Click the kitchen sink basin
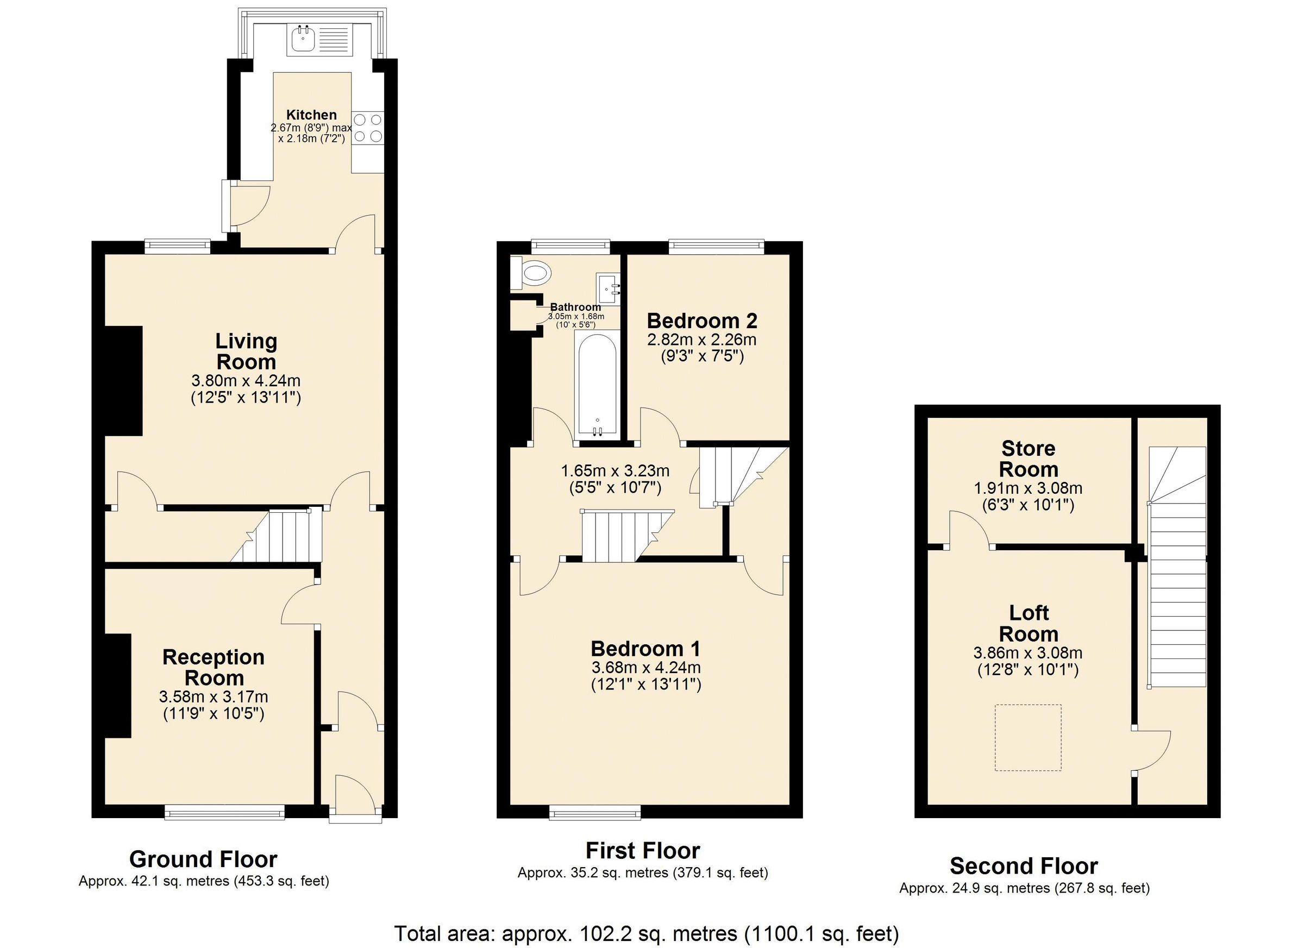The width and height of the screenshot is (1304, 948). (302, 39)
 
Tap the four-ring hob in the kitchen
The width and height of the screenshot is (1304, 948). (367, 128)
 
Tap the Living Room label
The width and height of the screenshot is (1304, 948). (246, 351)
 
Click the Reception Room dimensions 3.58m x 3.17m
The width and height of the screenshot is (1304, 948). (214, 697)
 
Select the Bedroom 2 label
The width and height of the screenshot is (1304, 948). (701, 320)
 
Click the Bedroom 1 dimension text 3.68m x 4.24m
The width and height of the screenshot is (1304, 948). (645, 668)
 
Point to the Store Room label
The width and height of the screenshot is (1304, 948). (1028, 459)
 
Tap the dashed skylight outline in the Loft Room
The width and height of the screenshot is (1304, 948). (1028, 738)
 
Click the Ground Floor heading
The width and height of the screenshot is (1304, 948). (203, 859)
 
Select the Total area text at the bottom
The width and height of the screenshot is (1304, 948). (645, 934)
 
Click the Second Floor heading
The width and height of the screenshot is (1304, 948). (1024, 865)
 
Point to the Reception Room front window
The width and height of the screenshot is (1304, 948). (224, 813)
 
